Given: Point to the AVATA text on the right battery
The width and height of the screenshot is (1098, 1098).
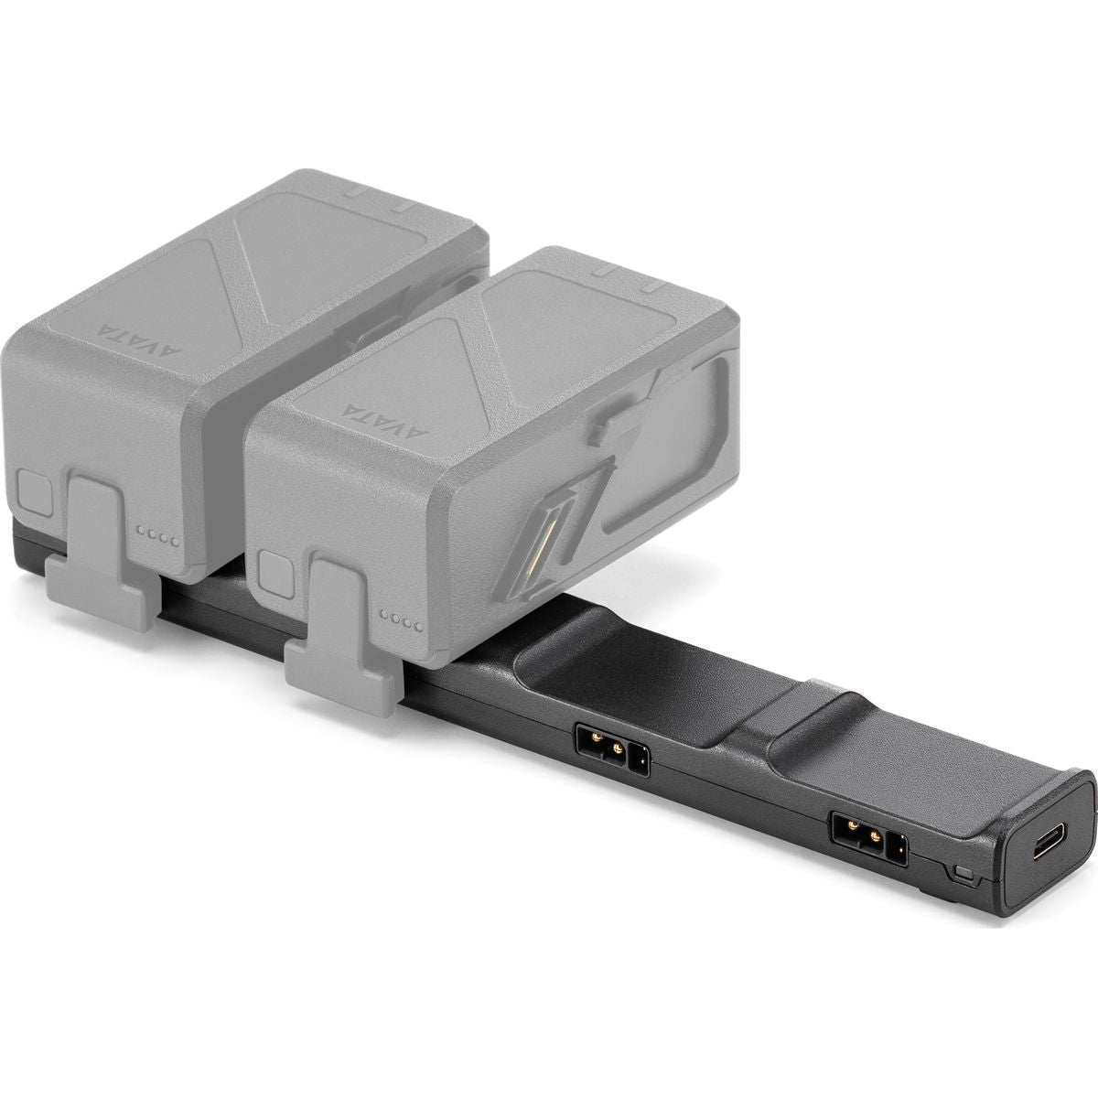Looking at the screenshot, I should [x=371, y=400].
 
